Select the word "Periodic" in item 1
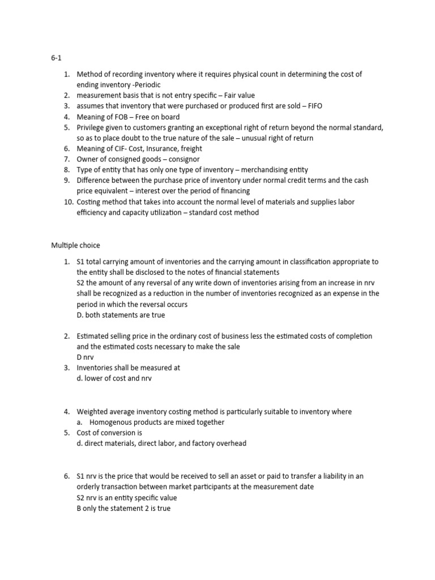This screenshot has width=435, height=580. coord(147,85)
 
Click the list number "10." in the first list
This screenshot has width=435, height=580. coord(67,202)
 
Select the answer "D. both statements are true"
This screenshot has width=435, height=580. coord(121,314)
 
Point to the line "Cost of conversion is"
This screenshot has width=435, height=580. coord(109,433)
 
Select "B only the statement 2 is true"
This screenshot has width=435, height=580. coord(123,508)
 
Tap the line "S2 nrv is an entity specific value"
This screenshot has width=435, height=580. coord(127,497)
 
